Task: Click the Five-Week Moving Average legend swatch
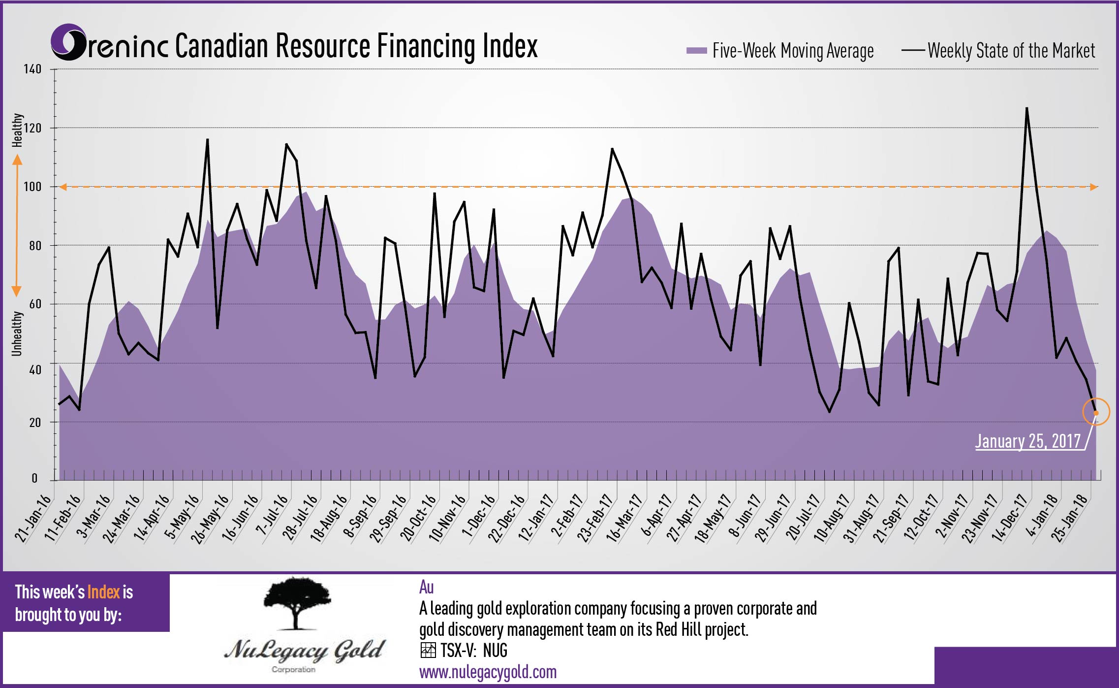(696, 51)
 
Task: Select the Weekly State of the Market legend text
(1011, 51)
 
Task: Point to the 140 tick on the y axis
(33, 69)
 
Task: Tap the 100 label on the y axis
(33, 187)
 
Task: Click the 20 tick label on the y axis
(35, 423)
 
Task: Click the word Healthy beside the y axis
(17, 130)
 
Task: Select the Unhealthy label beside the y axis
(17, 333)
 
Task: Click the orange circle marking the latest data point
(1096, 412)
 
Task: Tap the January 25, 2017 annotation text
(1028, 441)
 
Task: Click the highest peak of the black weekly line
(1026, 108)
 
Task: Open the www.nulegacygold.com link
(488, 672)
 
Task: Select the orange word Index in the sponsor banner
(103, 592)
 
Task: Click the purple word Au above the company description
(426, 587)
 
